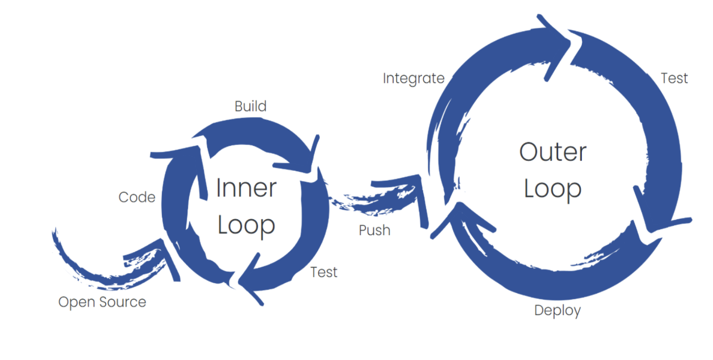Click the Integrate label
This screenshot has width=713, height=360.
413,79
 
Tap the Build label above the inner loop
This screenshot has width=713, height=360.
250,106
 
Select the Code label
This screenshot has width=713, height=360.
137,197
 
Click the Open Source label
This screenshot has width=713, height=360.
102,302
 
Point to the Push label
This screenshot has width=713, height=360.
374,230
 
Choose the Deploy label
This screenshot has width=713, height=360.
557,310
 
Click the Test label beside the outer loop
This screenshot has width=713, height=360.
674,78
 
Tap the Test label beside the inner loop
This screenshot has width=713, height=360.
324,272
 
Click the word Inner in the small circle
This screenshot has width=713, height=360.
246,188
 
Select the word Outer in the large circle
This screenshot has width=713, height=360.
552,152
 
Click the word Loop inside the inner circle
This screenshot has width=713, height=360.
246,225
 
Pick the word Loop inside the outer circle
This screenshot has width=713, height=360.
552,189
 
